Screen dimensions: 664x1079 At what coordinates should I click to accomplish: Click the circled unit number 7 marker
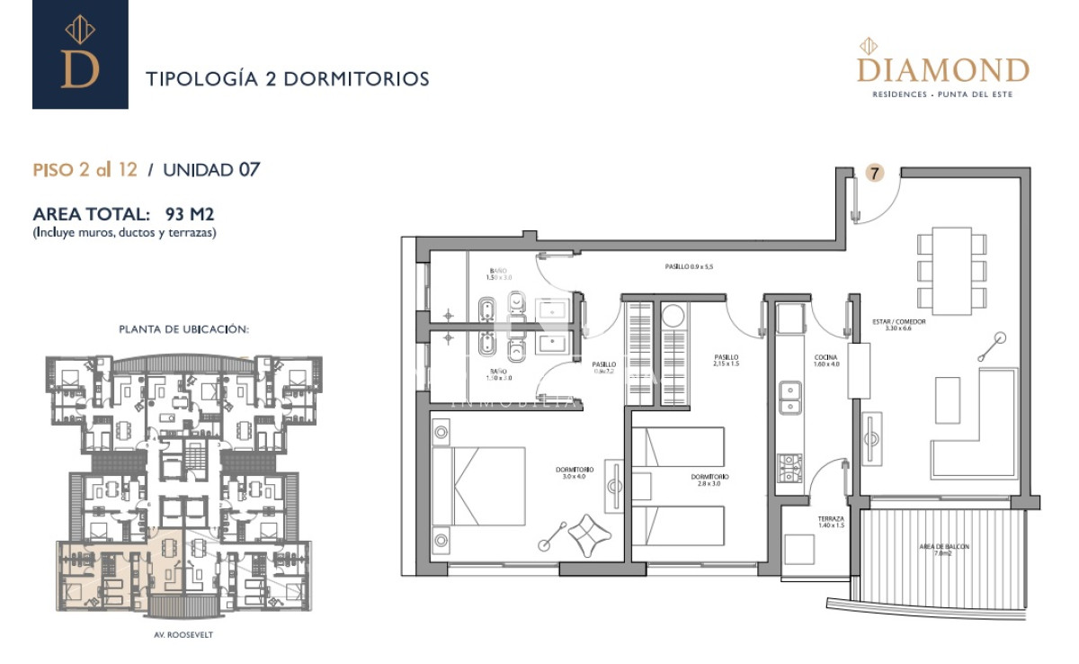pos(873,173)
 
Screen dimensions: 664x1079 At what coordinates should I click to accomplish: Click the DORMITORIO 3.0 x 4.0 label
pos(574,472)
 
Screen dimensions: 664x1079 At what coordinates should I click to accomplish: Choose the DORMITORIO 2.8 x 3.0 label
pos(709,480)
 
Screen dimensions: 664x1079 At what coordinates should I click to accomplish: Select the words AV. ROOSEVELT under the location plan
pos(184,633)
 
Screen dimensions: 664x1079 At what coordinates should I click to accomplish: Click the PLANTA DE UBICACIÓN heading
pos(183,329)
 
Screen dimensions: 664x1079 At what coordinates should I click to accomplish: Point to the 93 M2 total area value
pos(190,215)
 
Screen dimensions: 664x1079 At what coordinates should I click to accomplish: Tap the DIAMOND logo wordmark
pos(942,69)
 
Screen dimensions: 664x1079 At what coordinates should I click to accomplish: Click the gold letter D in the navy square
pos(79,67)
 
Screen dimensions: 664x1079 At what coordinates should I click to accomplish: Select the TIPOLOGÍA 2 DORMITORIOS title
pos(287,79)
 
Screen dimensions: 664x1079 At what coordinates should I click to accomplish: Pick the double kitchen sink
pos(789,398)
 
